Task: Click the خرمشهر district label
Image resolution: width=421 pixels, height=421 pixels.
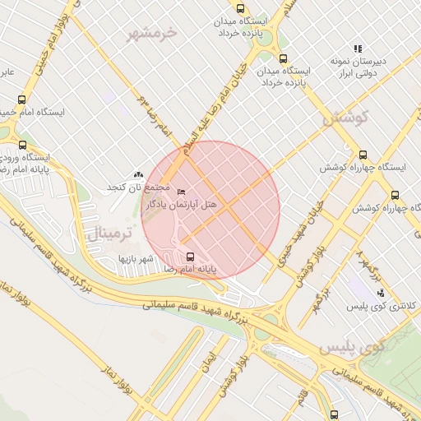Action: pos(152,33)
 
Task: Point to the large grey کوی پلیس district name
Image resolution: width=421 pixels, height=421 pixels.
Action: pos(363,348)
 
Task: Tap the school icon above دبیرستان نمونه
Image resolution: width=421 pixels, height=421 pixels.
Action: pos(358,49)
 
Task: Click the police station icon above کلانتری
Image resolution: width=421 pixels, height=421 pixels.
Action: pos(380,292)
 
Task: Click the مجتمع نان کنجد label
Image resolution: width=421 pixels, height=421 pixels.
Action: pos(136,187)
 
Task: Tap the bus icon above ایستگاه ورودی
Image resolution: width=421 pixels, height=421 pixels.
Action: pos(22,145)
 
